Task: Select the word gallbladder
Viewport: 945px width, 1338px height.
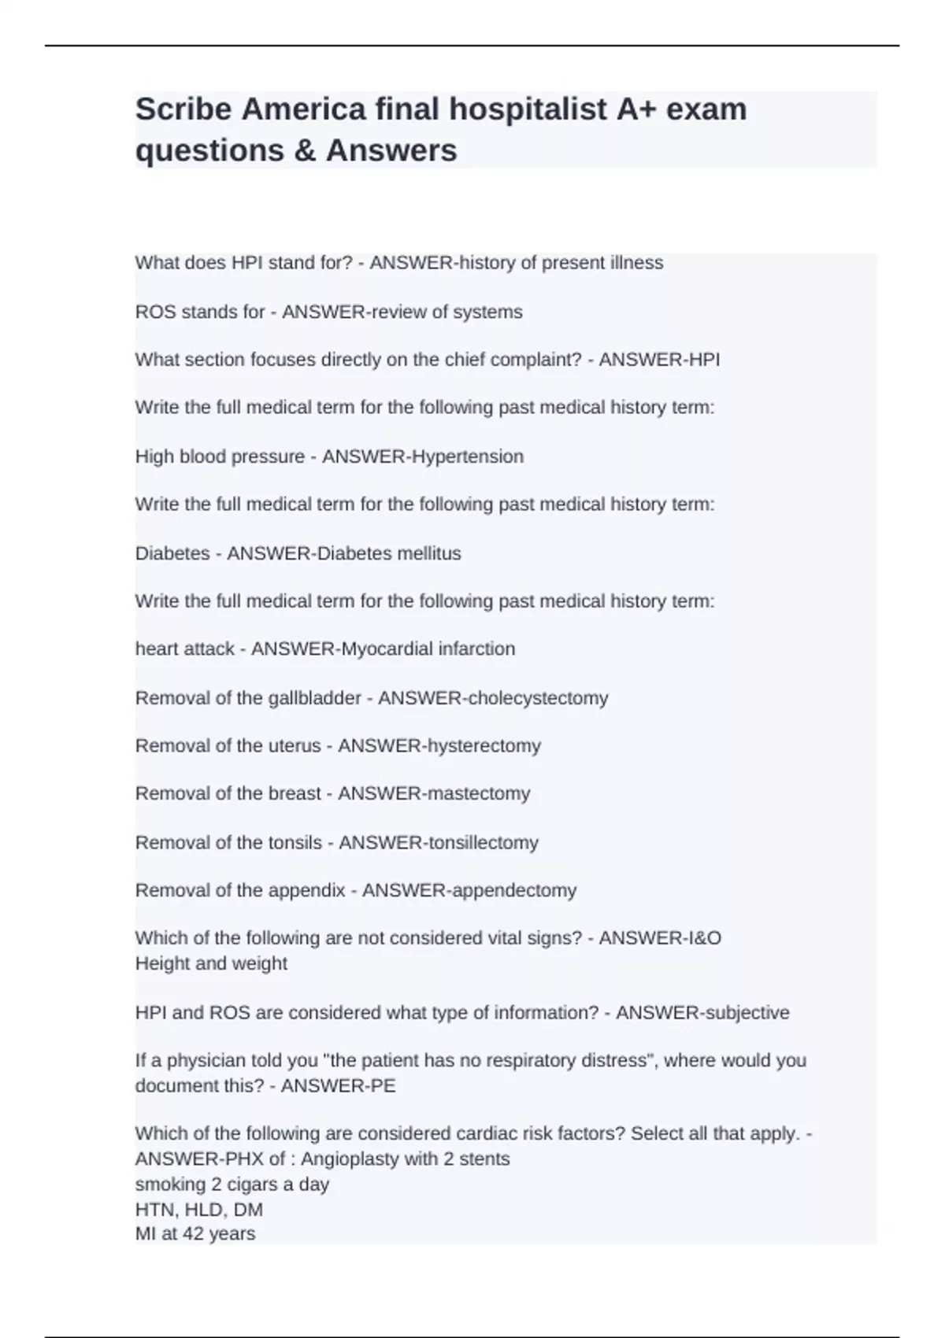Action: pos(315,698)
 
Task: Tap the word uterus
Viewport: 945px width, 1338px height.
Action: pos(295,746)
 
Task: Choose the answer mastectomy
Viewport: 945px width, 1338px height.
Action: pos(477,793)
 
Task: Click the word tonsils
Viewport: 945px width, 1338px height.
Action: pos(295,843)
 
